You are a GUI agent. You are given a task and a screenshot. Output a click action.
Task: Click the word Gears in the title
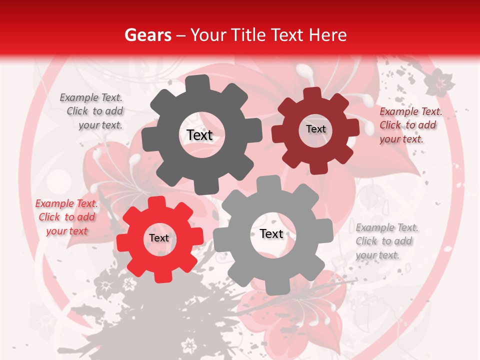point(147,35)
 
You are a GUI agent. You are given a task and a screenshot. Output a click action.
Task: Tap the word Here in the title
point(327,35)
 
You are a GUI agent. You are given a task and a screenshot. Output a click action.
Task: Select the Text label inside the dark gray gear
point(199,135)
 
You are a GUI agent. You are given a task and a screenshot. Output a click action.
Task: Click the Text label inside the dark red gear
point(315,129)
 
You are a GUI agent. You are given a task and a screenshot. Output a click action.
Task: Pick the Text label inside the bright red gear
point(159,238)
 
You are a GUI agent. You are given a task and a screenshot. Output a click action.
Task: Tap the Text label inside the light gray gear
point(271,233)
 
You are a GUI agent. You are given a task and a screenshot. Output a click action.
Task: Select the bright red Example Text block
point(66,217)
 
